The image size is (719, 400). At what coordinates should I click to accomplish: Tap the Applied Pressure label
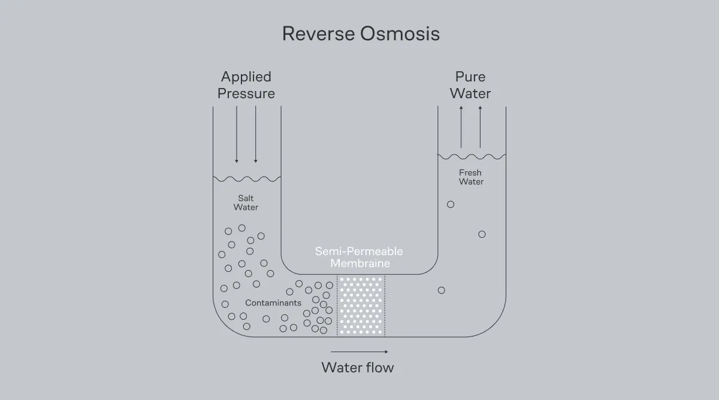point(246,85)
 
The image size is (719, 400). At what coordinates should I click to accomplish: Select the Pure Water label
point(470,85)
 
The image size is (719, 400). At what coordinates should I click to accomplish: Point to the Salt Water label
point(246,202)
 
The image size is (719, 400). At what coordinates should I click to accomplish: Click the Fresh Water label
point(471,177)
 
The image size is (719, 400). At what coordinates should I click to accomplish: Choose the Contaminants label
point(273,303)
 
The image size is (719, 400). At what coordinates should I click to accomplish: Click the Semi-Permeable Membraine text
point(359,257)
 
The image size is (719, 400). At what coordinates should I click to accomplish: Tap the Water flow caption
point(358,367)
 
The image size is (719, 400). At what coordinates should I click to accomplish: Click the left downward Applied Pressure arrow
point(237,134)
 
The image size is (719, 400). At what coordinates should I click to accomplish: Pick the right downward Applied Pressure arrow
point(256,134)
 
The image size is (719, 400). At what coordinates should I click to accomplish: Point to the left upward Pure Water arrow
point(461,126)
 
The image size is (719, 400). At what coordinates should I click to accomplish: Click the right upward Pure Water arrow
point(480,126)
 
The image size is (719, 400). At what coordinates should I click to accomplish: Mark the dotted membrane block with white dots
point(361,305)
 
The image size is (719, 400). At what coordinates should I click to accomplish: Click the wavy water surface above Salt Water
point(247,178)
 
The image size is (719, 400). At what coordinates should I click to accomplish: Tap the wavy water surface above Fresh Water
point(472,156)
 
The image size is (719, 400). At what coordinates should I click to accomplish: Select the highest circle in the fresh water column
point(451,204)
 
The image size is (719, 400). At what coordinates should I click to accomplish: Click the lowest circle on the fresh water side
point(442,290)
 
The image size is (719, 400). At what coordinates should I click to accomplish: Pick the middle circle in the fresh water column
point(482,234)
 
